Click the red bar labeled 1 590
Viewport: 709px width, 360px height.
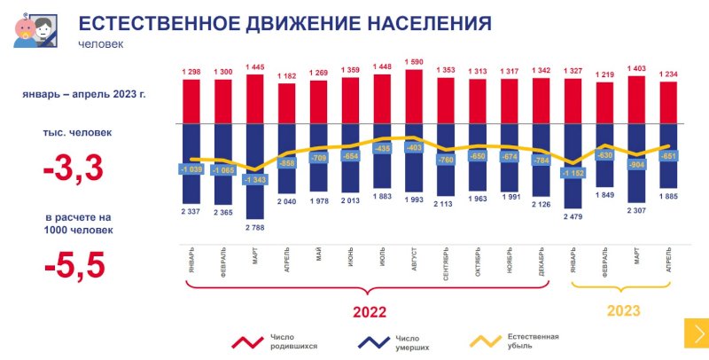click(414, 97)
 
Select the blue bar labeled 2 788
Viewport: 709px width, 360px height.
click(254, 195)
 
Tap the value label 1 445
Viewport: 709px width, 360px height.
click(254, 67)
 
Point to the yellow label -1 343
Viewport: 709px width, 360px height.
click(254, 180)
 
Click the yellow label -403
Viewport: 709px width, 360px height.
click(414, 148)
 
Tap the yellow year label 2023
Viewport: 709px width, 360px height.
click(623, 310)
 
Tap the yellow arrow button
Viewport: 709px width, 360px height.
click(696, 333)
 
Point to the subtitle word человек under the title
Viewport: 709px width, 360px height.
click(100, 43)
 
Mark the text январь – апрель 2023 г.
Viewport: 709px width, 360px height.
click(70, 94)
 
